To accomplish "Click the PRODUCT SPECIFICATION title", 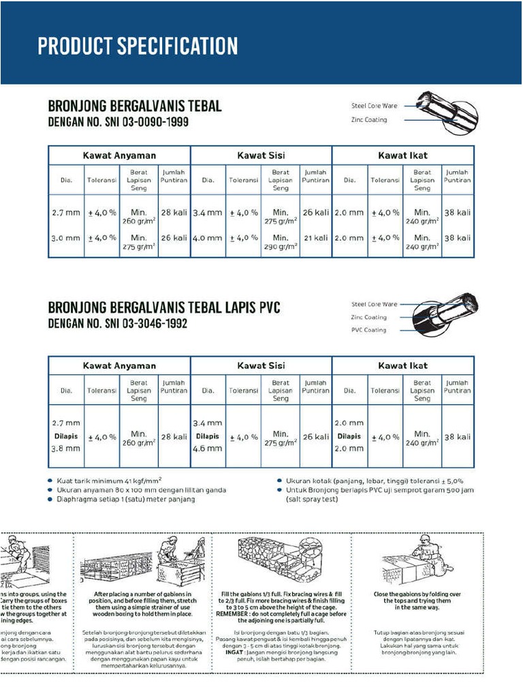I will click(138, 46).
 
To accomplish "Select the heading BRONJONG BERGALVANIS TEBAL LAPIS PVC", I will click(163, 308).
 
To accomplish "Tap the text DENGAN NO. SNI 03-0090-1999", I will click(118, 123).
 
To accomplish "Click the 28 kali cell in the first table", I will click(174, 213).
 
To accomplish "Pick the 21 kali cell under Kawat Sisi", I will click(315, 238).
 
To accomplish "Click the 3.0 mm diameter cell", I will click(66, 238).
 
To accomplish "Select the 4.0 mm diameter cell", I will click(208, 238).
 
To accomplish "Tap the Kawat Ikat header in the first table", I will click(402, 155).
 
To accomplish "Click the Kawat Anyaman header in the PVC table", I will click(119, 365).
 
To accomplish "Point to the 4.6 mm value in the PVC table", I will click(208, 449).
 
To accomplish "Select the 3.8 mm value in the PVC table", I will click(66, 449).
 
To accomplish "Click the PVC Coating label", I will click(368, 330).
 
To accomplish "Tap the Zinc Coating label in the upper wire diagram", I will click(368, 120).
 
